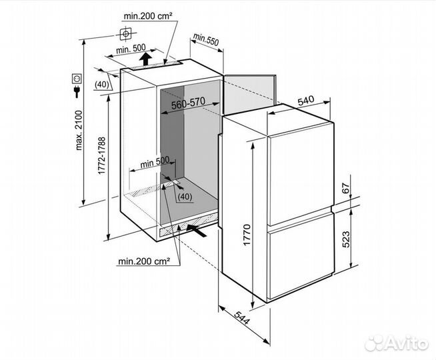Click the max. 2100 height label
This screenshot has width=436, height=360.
coord(79,131)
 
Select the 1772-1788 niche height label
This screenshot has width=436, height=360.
coord(102,156)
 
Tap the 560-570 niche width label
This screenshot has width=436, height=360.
coord(188,103)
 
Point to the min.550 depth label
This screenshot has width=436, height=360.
coord(206,39)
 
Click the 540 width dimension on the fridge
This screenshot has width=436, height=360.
coord(305,101)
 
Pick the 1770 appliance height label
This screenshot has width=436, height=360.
coord(247,235)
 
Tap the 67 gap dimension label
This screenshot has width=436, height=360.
coord(345,188)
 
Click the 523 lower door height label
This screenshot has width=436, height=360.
coord(345,239)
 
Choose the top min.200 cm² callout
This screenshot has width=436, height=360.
coord(148,16)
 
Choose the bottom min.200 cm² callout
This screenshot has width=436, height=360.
coord(144,261)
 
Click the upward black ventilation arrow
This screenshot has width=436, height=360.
coord(145,59)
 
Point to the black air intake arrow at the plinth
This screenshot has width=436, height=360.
coord(197,231)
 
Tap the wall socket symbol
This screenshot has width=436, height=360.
coord(77,79)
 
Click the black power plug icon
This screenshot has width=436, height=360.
coord(77,92)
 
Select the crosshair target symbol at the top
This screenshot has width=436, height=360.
coord(126,34)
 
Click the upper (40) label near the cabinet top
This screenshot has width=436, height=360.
coord(102,85)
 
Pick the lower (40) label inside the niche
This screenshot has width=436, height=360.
coord(185,197)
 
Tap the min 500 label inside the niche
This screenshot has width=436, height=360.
coord(155,162)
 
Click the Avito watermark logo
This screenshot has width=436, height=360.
coord(396,343)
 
